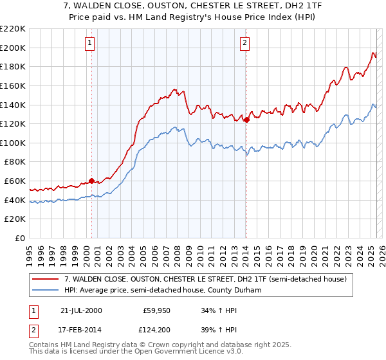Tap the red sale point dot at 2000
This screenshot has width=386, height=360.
coord(91,181)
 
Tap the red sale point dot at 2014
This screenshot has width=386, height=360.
coord(246,119)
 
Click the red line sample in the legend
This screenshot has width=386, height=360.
coord(46,279)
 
